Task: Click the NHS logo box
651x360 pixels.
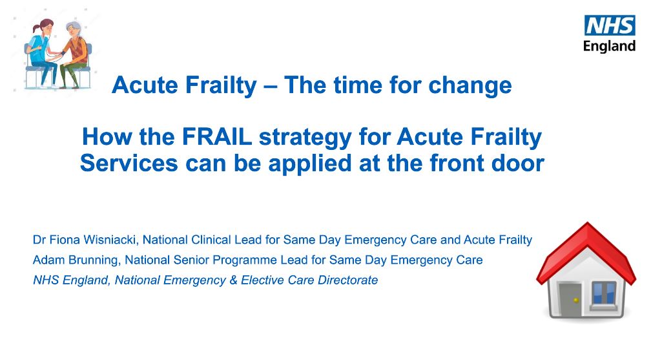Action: (x=610, y=26)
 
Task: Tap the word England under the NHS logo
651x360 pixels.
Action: (x=610, y=46)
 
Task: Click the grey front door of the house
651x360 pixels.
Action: (x=569, y=300)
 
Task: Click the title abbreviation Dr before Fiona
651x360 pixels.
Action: (x=39, y=240)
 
